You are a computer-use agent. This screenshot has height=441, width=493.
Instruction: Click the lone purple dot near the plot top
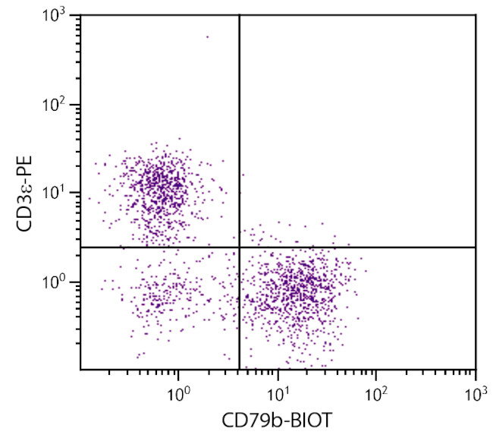(x=207, y=36)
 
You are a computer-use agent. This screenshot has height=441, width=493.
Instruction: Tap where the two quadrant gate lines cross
(x=240, y=247)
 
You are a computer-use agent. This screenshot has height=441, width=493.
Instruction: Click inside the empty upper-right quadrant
(x=356, y=129)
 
